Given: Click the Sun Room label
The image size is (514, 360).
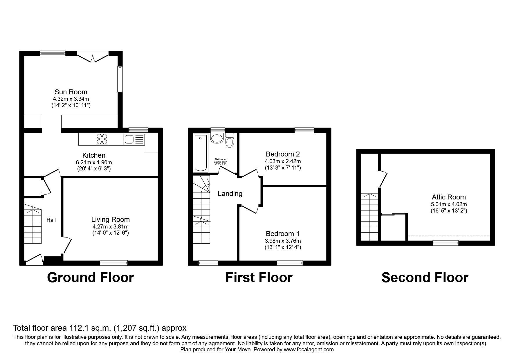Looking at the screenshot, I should click(71, 92).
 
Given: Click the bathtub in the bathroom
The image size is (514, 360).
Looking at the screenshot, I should click(201, 152).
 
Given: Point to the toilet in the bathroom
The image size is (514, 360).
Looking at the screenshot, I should click(230, 141).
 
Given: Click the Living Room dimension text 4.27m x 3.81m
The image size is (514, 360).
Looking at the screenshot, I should click(110, 227).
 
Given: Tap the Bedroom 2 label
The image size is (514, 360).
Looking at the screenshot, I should click(283, 154).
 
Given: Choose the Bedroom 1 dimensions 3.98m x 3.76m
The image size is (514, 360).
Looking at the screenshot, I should click(283, 241).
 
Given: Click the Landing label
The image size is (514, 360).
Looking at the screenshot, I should click(230, 194).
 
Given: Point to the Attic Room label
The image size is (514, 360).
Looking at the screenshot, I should click(449, 197).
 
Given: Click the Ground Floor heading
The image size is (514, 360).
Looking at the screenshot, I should click(90, 278).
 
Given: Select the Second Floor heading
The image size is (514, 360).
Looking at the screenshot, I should click(425, 278).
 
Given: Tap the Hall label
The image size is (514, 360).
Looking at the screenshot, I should click(51, 220).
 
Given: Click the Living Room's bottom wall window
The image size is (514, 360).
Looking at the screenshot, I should click(114, 263).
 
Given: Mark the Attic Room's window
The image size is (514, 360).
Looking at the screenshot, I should click(446, 243).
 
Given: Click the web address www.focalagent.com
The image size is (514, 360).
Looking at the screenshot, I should click(309, 350).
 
